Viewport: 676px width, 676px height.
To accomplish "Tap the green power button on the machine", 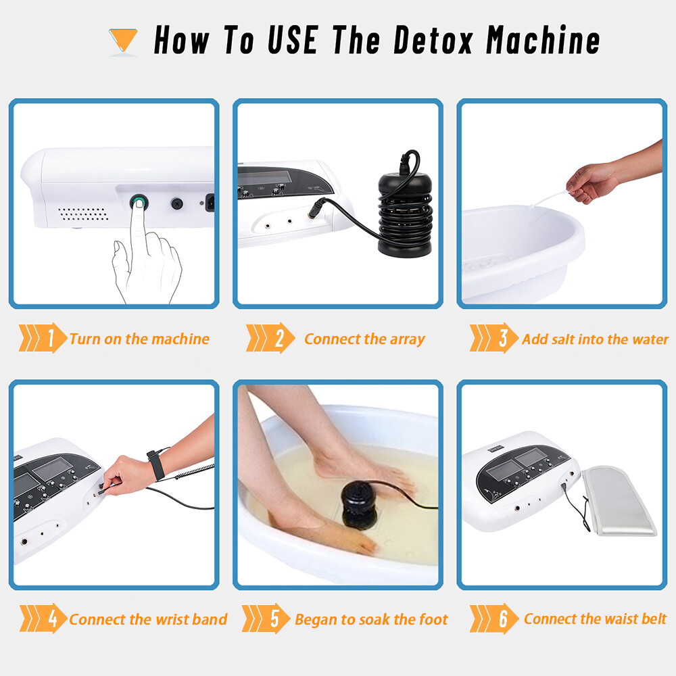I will (139, 201).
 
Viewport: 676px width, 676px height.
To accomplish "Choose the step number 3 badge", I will (503, 339).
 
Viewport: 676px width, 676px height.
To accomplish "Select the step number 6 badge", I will (503, 619).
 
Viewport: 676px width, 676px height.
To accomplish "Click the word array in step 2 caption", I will (406, 339).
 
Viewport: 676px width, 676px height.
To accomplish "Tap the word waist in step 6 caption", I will (602, 619).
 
